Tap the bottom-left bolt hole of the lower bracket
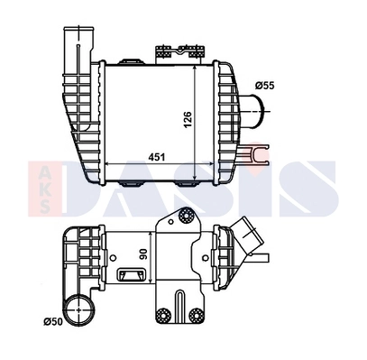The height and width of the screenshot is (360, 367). pyautogui.click(x=163, y=315)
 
